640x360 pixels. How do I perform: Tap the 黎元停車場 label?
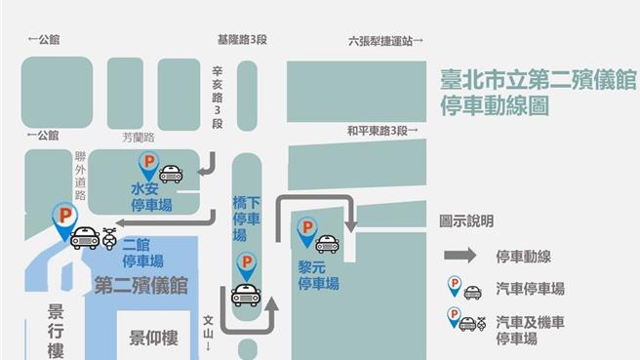click(318, 275)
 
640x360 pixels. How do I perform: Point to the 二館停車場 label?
click(142, 255)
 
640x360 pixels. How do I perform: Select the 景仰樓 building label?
click(154, 338)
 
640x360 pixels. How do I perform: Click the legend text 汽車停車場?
click(529, 290)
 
